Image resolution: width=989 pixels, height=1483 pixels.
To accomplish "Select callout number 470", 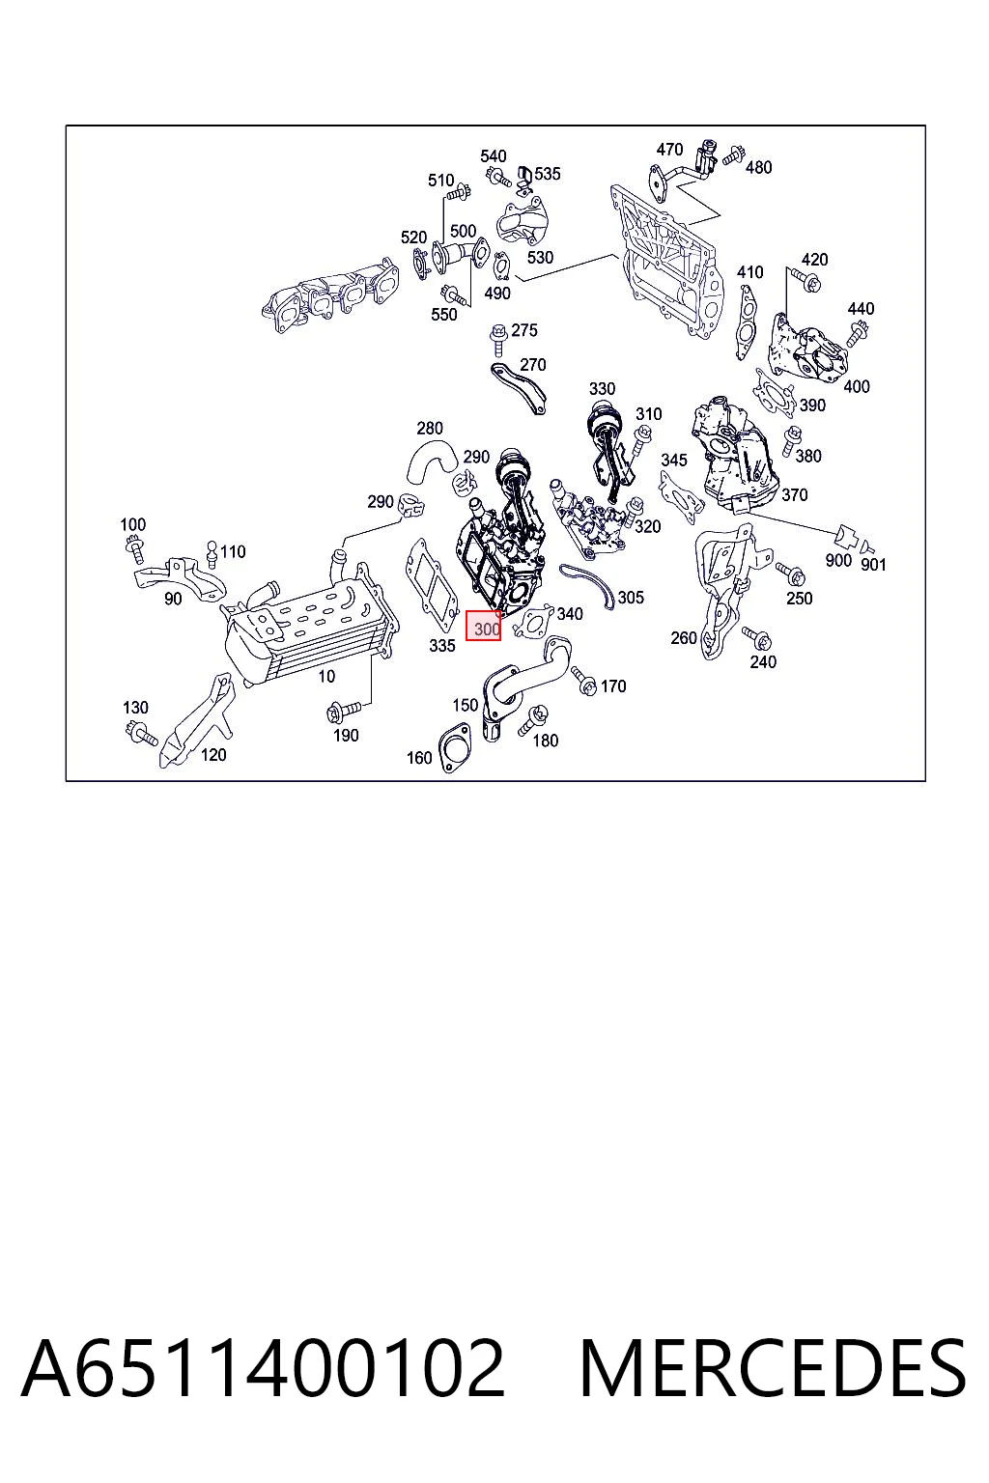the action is tap(669, 150).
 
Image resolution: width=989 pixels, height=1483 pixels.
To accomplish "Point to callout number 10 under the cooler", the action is tap(326, 676).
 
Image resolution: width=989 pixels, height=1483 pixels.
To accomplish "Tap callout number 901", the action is tap(873, 564).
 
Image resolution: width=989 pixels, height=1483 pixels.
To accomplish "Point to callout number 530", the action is tap(540, 257).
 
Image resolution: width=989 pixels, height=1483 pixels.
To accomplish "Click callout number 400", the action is tap(856, 386).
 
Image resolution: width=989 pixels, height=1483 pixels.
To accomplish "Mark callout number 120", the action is tap(213, 755).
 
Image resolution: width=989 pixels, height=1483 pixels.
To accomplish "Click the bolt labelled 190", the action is tap(344, 711).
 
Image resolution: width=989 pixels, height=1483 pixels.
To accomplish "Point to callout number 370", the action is tap(794, 494).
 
